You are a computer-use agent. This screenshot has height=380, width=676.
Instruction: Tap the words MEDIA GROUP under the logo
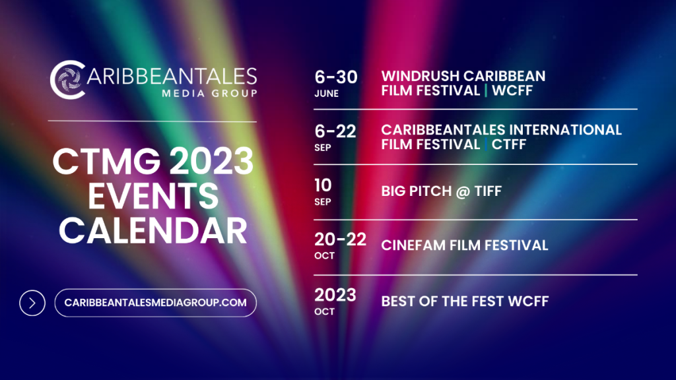(x=209, y=93)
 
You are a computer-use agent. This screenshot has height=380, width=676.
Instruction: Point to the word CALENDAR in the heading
(x=152, y=230)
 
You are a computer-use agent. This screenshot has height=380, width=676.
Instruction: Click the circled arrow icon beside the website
(x=32, y=303)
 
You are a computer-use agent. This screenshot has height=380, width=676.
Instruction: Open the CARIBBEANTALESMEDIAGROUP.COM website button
(x=155, y=303)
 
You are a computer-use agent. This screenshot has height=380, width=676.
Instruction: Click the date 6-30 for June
(x=336, y=77)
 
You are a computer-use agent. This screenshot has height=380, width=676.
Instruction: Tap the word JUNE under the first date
(x=327, y=94)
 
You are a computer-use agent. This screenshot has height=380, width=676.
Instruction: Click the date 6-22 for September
(x=335, y=131)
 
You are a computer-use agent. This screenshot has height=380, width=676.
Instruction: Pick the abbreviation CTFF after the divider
(x=508, y=144)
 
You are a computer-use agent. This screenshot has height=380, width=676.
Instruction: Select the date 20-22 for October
(x=341, y=239)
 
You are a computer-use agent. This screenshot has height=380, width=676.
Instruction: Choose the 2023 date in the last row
(x=335, y=295)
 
